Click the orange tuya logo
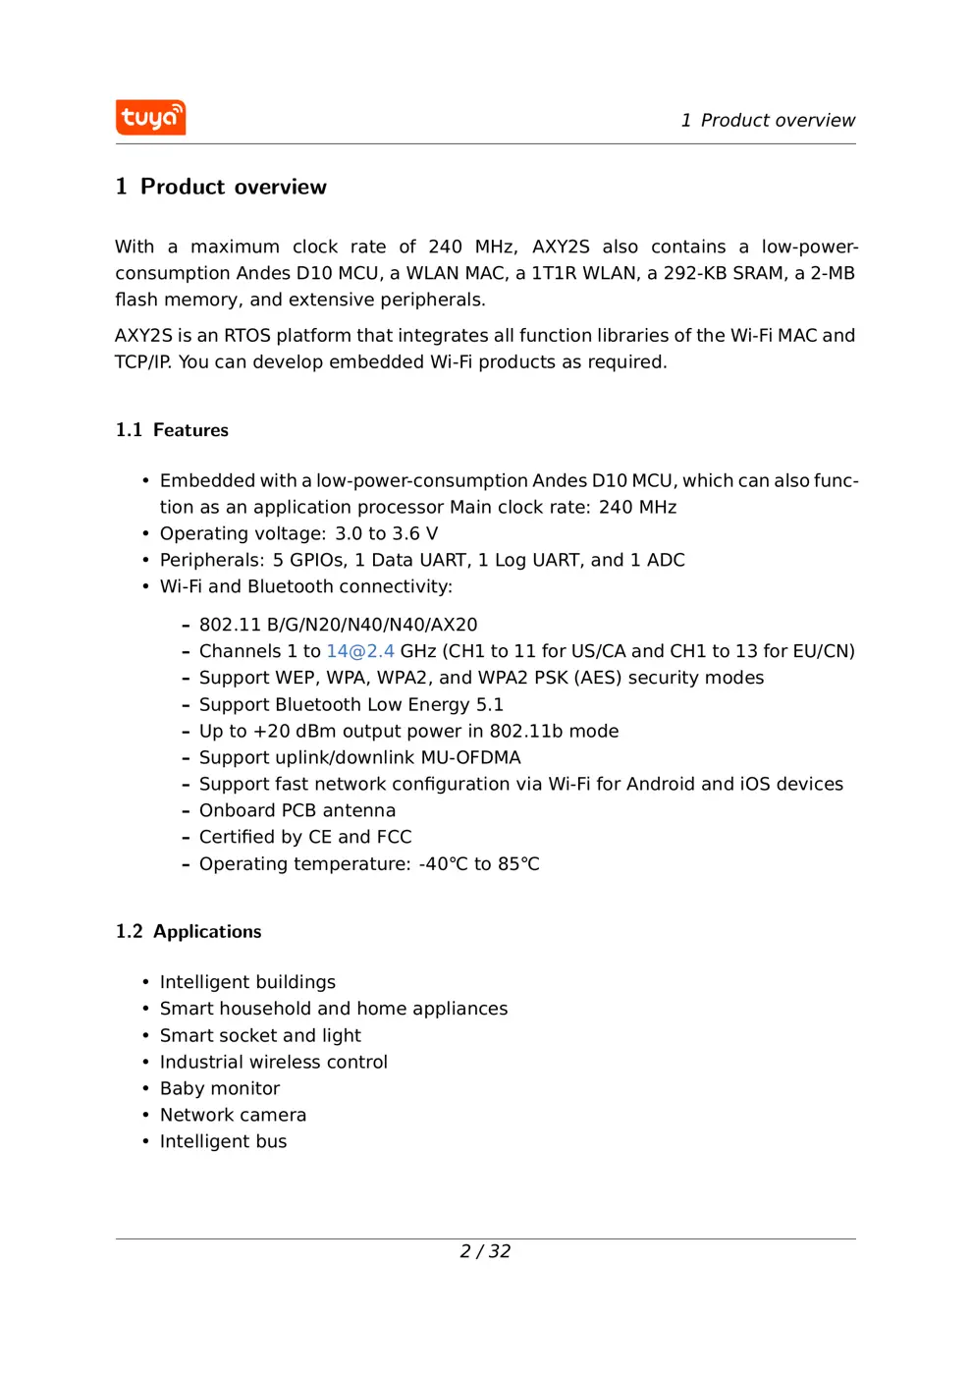(x=150, y=118)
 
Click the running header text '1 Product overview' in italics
(x=768, y=121)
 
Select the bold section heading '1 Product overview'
(x=221, y=187)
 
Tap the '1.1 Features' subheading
(x=172, y=430)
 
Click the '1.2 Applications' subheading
(x=189, y=931)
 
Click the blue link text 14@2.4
(x=360, y=651)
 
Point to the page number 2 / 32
(x=485, y=1251)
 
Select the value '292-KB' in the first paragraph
(x=694, y=273)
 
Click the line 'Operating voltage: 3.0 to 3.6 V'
(x=298, y=533)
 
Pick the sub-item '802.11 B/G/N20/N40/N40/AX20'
(x=338, y=625)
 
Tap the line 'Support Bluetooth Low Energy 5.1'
(x=351, y=704)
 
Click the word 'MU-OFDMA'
(x=470, y=757)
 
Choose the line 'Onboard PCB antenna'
(x=297, y=810)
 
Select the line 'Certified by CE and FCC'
(x=304, y=837)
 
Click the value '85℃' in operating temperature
(x=518, y=864)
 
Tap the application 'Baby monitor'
(x=220, y=1088)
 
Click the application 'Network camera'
(x=233, y=1115)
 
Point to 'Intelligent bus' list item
(x=223, y=1141)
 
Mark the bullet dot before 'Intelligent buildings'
(x=145, y=982)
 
